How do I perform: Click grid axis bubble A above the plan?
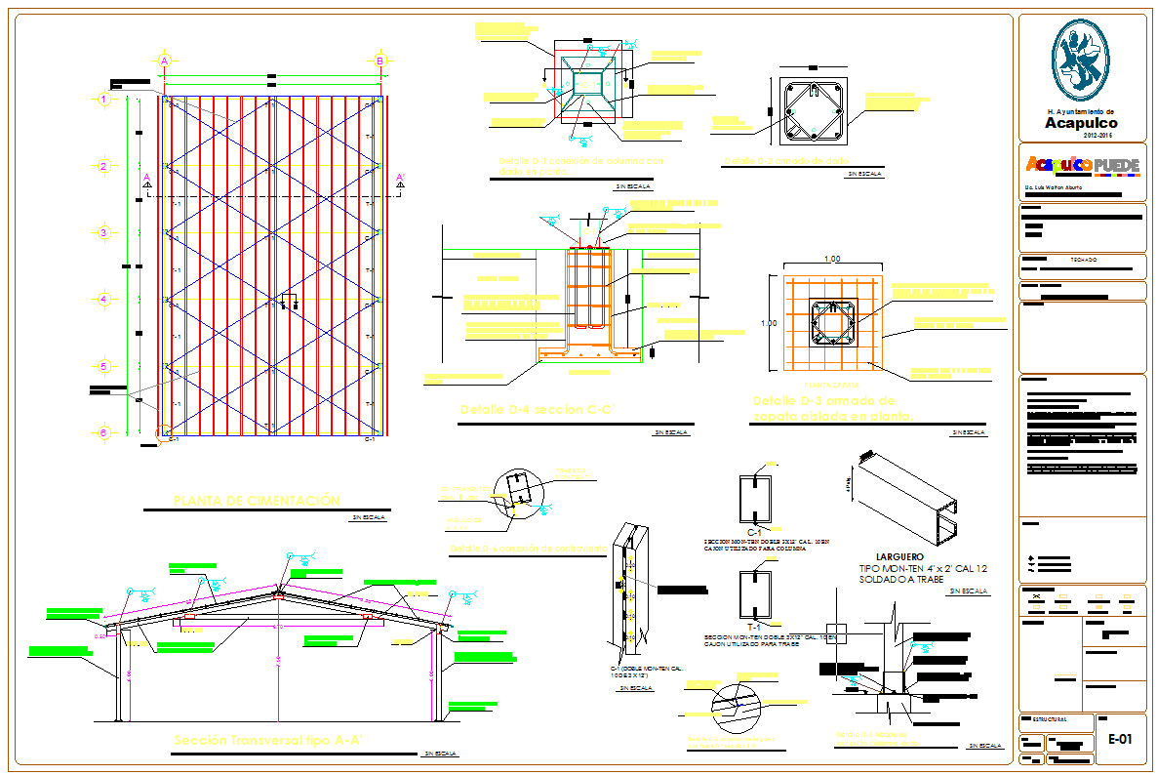click(165, 61)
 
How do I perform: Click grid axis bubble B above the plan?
click(379, 61)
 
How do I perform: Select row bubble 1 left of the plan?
click(102, 99)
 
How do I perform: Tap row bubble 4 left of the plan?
click(102, 299)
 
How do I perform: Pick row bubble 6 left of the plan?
click(102, 431)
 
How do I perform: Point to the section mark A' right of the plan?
click(400, 180)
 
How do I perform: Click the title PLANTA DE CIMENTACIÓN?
click(256, 501)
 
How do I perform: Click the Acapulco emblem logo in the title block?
click(1081, 61)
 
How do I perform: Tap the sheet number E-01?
click(1119, 740)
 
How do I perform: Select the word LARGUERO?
click(886, 555)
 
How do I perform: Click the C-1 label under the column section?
click(754, 530)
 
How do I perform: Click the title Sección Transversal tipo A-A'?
click(268, 741)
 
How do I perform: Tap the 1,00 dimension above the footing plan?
click(832, 260)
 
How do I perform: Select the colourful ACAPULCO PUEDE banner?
click(1081, 166)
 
